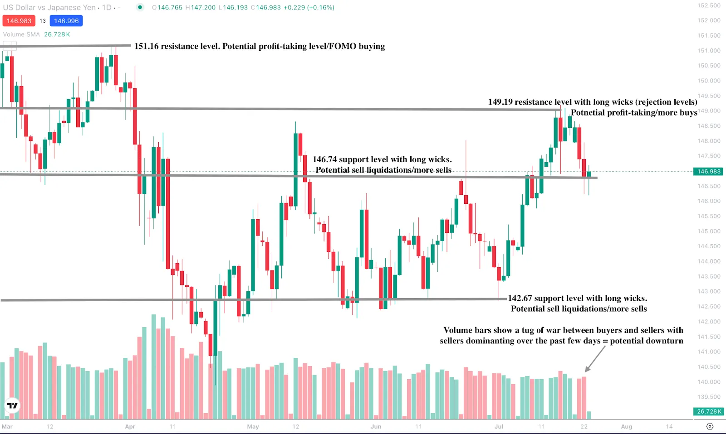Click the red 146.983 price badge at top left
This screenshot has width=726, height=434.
point(19,21)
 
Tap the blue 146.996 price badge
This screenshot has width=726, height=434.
point(66,21)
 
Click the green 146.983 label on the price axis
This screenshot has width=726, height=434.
point(708,171)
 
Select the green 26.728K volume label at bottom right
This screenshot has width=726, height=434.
point(708,411)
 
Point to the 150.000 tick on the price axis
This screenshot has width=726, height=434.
point(709,81)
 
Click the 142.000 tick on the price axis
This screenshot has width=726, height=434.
point(709,322)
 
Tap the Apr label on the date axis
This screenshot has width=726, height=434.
point(130,426)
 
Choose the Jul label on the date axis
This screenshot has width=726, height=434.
point(499,426)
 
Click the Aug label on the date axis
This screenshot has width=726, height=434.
point(626,426)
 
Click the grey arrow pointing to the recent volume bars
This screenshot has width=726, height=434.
point(595,359)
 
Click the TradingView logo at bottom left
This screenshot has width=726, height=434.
point(12,405)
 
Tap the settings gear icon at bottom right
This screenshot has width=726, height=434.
point(710,426)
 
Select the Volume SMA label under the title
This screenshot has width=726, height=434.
point(21,34)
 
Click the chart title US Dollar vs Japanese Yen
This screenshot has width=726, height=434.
point(49,8)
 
